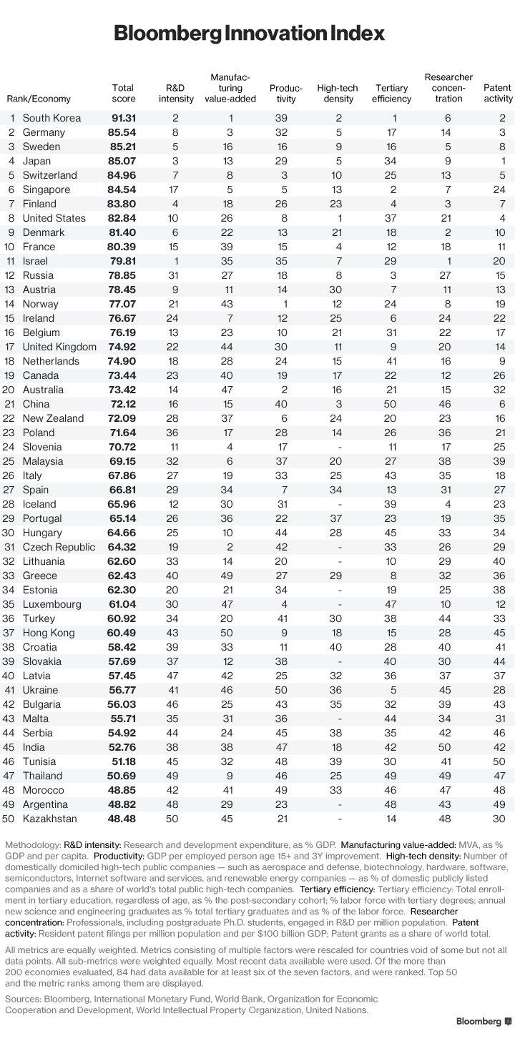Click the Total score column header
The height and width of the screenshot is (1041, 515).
pyautogui.click(x=123, y=94)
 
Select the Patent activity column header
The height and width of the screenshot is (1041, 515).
pyautogui.click(x=498, y=94)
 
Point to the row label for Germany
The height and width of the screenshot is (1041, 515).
pyautogui.click(x=44, y=132)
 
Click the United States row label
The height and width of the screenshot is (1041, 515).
pyautogui.click(x=54, y=218)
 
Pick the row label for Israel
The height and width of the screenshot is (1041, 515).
pyautogui.click(x=36, y=261)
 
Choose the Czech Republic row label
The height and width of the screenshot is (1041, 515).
pyautogui.click(x=59, y=547)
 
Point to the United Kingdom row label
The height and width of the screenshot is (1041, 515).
pyautogui.click(x=59, y=347)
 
